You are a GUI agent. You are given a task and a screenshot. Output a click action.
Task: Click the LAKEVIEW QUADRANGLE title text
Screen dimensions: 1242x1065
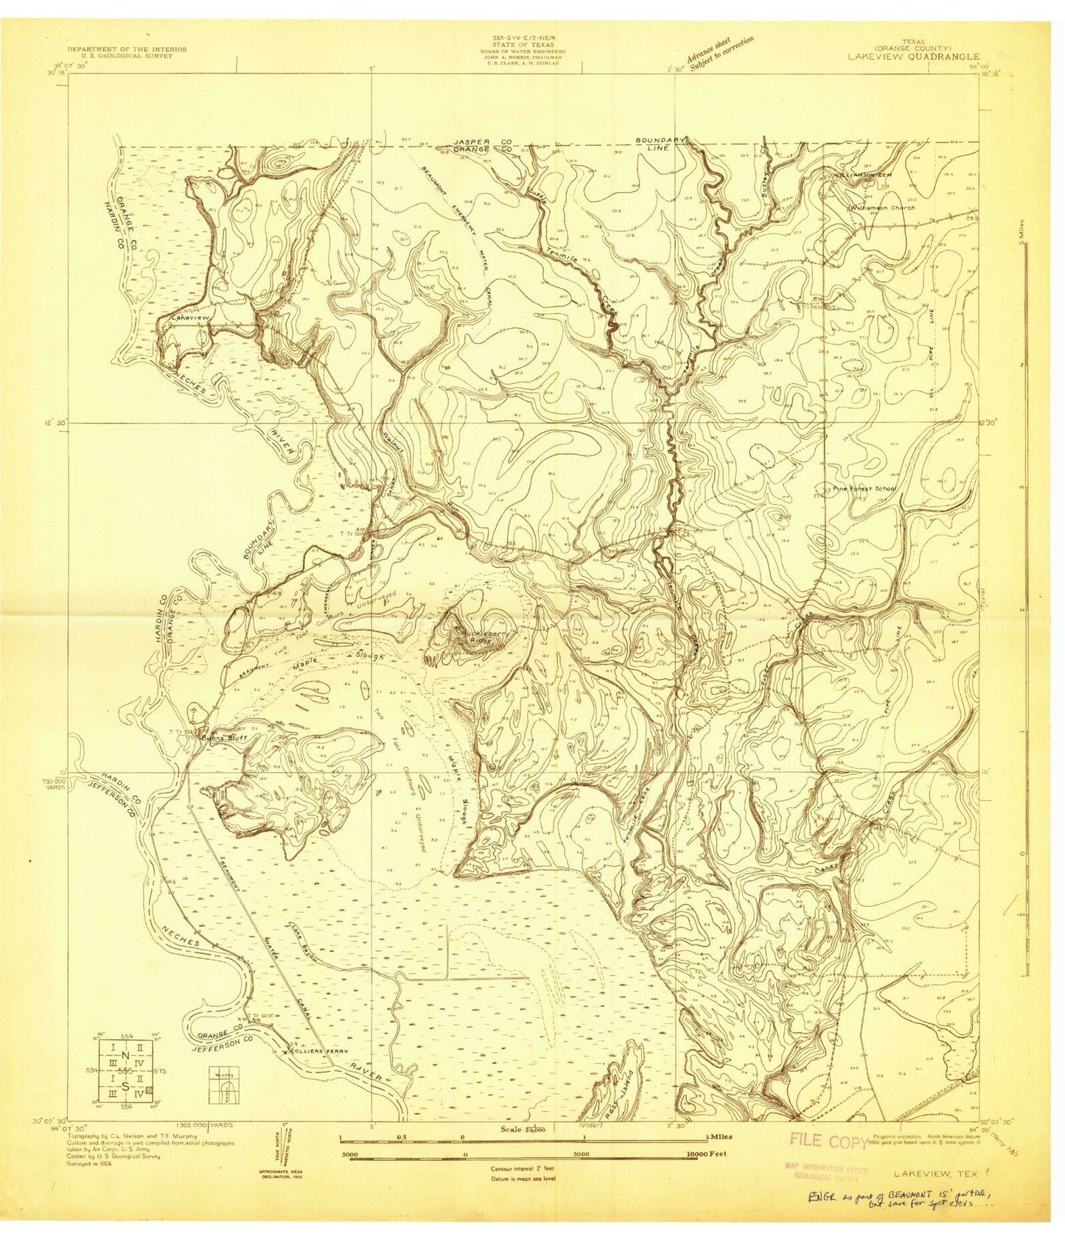click(x=913, y=56)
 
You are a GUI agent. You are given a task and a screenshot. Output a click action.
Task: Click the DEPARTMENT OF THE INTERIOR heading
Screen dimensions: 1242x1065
click(x=127, y=49)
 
